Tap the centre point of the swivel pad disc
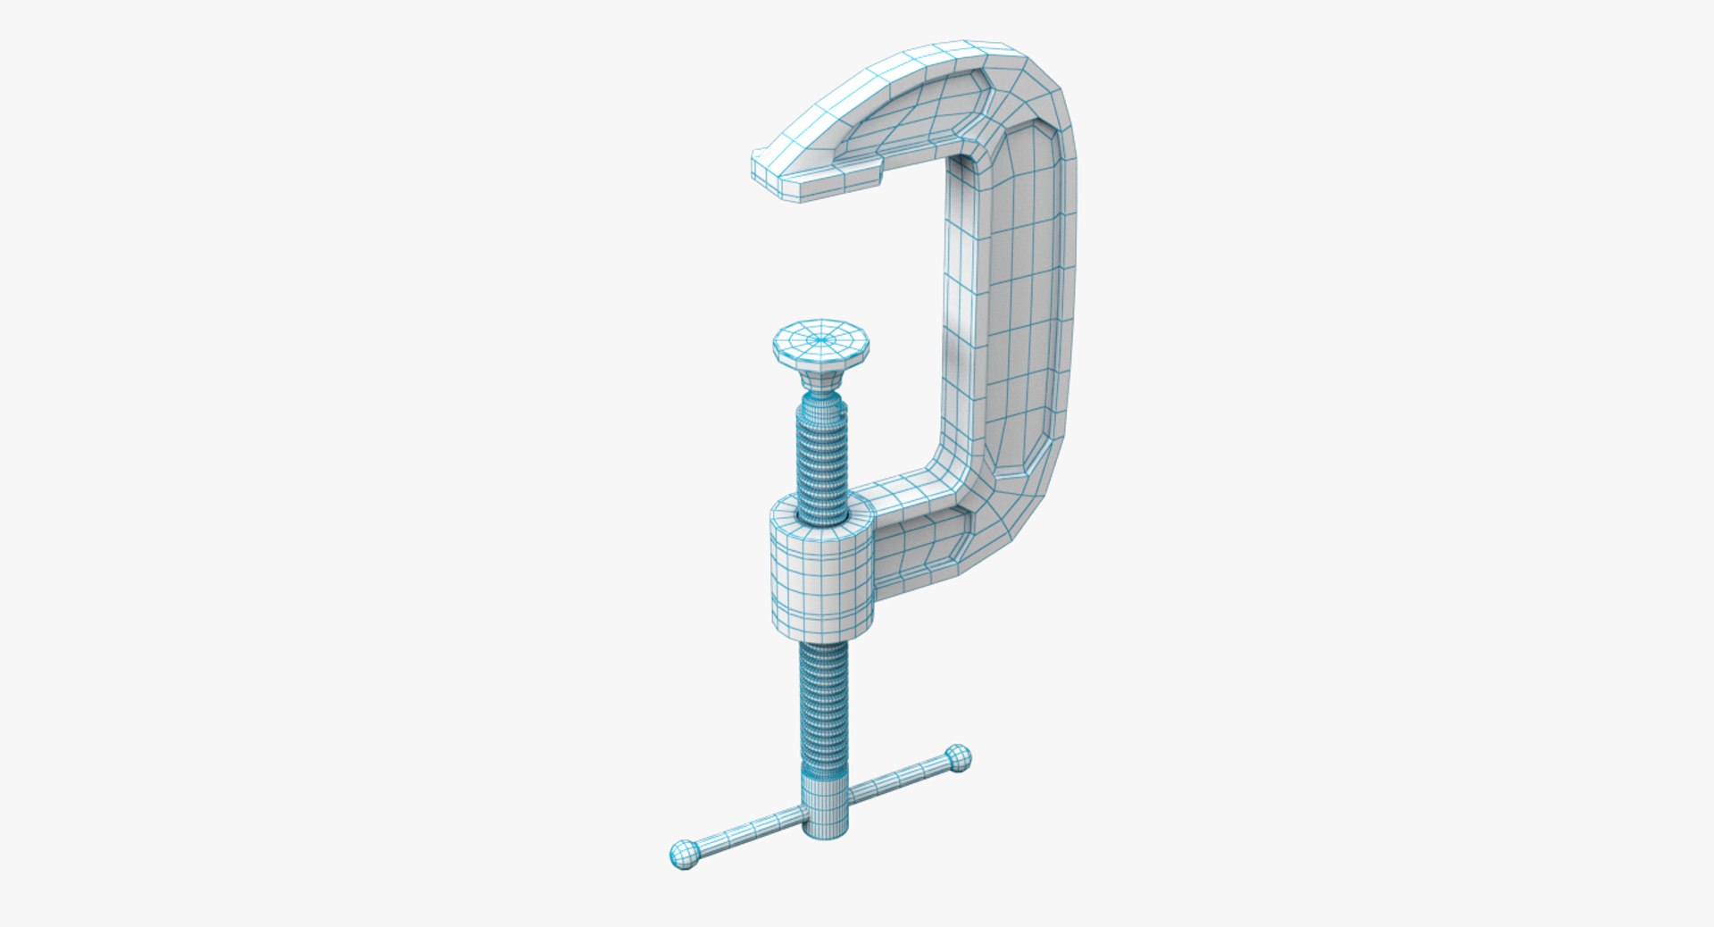click(x=821, y=339)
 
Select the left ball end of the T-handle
click(x=685, y=854)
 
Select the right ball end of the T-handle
click(x=958, y=758)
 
